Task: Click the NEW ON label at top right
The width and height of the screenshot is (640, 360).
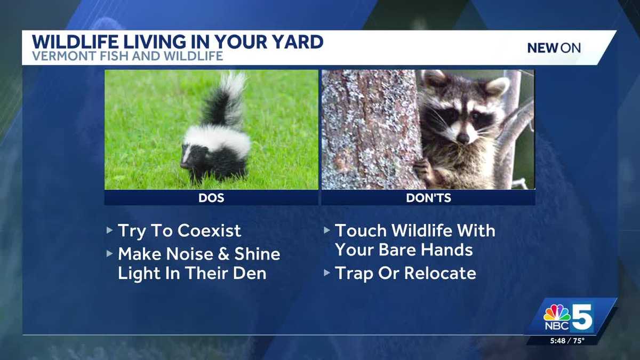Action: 554,48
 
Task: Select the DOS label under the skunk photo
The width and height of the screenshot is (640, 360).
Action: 211,198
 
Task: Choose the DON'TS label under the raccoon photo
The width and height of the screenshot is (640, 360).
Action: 428,198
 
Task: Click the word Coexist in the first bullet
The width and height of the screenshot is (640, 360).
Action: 209,231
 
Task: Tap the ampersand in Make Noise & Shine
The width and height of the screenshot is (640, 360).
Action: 218,254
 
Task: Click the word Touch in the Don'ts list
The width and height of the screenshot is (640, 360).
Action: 361,231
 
